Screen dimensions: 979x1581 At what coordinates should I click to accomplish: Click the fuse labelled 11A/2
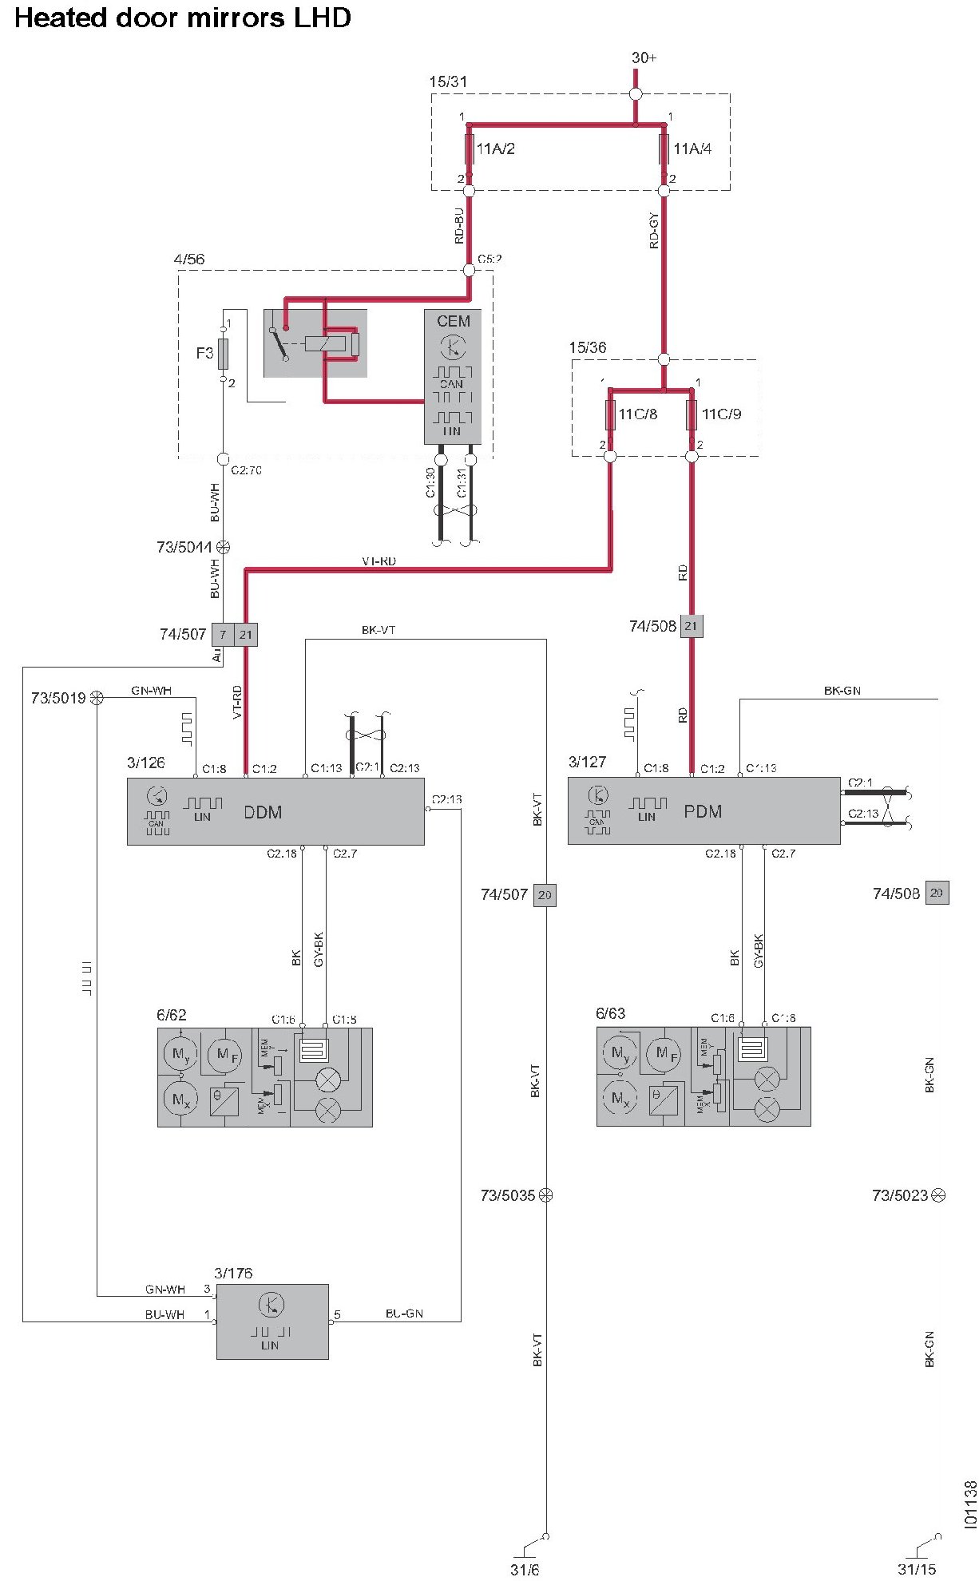[x=470, y=149]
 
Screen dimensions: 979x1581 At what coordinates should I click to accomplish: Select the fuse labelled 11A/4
[x=664, y=149]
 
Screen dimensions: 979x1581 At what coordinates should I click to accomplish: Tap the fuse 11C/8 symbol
[x=610, y=414]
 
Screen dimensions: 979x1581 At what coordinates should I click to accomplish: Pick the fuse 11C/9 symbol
[x=692, y=414]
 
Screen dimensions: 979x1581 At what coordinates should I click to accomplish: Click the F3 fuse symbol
[x=224, y=353]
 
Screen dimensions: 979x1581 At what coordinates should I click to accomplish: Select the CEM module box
[x=453, y=376]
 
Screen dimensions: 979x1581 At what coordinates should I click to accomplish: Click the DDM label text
[x=263, y=813]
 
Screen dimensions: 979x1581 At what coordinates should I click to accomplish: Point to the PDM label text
[x=703, y=812]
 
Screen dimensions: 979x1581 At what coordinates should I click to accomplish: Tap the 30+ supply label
[x=644, y=57]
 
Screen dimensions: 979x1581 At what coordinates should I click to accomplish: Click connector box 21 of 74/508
[x=692, y=627]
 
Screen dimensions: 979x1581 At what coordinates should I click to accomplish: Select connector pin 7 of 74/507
[x=223, y=635]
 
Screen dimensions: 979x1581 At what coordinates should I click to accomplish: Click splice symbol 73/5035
[x=546, y=1195]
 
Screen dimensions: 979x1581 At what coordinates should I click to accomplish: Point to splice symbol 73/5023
[x=939, y=1195]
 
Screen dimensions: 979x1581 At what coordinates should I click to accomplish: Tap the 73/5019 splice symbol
[x=97, y=698]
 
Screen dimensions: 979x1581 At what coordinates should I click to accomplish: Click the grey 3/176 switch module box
[x=272, y=1321]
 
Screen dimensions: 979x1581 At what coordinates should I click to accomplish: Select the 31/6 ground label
[x=525, y=1570]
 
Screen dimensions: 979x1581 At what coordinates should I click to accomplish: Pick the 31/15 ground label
[x=917, y=1570]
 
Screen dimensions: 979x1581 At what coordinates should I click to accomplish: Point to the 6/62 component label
[x=172, y=1016]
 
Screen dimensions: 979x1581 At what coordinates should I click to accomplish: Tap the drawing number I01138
[x=970, y=1505]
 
